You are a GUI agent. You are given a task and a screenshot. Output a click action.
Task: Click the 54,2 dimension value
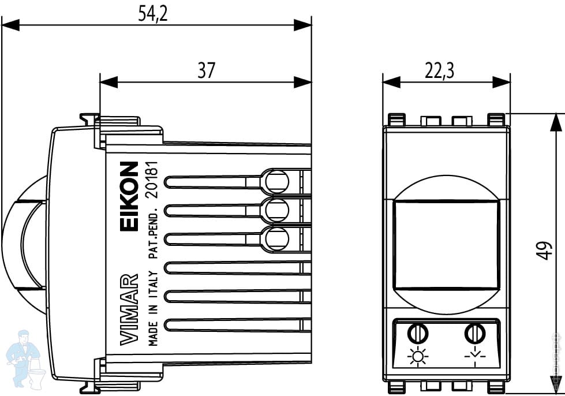152,13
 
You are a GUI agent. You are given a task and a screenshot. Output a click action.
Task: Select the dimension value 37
206,70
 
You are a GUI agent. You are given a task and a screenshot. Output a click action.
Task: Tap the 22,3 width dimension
440,70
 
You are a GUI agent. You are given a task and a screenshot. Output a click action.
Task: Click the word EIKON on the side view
130,197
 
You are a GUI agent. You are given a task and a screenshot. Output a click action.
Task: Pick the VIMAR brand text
130,309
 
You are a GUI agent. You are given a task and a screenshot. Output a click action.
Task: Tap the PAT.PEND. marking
153,234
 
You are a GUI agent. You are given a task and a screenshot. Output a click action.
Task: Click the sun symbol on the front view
417,358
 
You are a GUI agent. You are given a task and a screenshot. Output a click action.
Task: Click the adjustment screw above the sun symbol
416,334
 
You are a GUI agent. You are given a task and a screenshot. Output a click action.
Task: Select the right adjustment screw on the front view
474,334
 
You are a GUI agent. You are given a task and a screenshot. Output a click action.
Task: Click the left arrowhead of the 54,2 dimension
10,25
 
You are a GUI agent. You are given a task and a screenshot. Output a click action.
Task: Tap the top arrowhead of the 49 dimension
555,122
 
